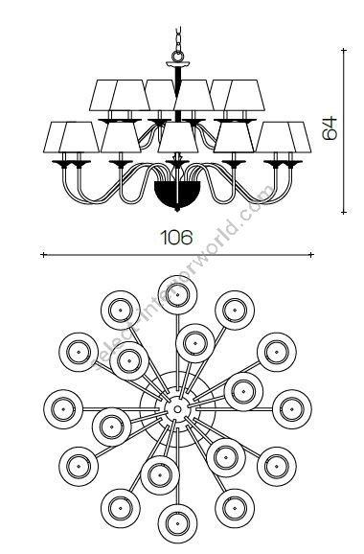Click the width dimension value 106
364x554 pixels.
tap(177, 237)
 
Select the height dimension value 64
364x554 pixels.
tap(328, 128)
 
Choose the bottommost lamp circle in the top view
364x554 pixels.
tap(176, 523)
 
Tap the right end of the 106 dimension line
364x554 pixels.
tap(311, 255)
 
